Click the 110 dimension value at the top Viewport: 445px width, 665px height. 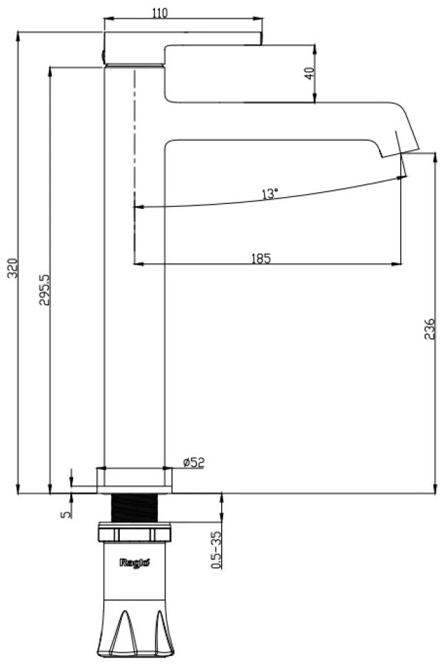[160, 12]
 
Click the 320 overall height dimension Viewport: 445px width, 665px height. [13, 267]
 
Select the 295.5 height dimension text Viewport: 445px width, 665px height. [45, 289]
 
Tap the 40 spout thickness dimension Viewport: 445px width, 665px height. [309, 73]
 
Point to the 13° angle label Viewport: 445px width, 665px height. [269, 194]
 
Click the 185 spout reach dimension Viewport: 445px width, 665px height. [261, 258]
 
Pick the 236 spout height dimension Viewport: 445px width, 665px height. [430, 329]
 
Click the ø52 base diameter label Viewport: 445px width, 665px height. [194, 462]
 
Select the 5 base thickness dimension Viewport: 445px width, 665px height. [65, 514]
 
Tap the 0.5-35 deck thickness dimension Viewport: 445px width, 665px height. [216, 550]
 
